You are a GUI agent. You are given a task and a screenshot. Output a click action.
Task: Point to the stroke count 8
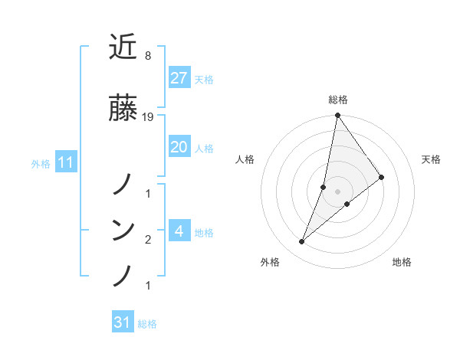tap(147, 57)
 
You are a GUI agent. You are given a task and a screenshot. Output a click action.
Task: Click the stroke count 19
tap(149, 116)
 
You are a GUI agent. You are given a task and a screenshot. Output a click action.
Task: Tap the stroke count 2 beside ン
tap(147, 240)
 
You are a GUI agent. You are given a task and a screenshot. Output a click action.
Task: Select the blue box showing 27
tap(179, 78)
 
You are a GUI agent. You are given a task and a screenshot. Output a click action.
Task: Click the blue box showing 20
tap(179, 147)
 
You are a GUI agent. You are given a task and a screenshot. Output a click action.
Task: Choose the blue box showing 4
tap(179, 231)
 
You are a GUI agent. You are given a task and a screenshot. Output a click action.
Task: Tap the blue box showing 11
tap(65, 162)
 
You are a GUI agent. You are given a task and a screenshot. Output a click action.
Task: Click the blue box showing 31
tap(123, 322)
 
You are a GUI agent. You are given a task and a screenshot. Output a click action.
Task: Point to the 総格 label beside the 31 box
tap(147, 324)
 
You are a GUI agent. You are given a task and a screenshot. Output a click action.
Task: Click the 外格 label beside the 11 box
tap(41, 163)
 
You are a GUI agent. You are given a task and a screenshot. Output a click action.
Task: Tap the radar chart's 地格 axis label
tap(402, 262)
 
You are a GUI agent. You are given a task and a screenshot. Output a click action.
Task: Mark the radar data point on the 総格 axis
tap(337, 116)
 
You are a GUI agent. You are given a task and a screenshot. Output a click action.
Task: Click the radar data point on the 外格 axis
tap(301, 242)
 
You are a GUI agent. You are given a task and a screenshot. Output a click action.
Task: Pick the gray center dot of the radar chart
tap(337, 191)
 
